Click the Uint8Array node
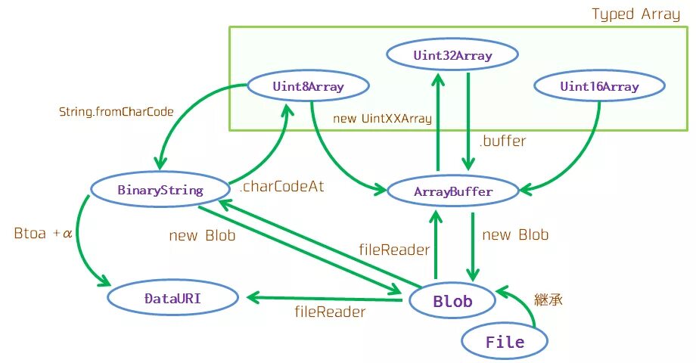point(308,86)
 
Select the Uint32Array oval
point(452,55)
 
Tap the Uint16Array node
point(599,86)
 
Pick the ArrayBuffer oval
point(453,191)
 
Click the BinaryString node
point(160,190)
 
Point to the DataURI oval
point(172,298)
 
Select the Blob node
point(452,301)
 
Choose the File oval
point(505,342)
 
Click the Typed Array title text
point(635,14)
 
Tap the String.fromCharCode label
point(117,112)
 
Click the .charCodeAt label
point(282,186)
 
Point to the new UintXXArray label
point(382,119)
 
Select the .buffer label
point(502,141)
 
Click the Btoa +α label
point(43,233)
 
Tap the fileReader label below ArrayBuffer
point(394,250)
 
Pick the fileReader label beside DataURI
point(330,312)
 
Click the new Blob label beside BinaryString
point(202,234)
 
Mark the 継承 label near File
point(548,300)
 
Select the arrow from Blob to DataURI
point(325,299)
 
